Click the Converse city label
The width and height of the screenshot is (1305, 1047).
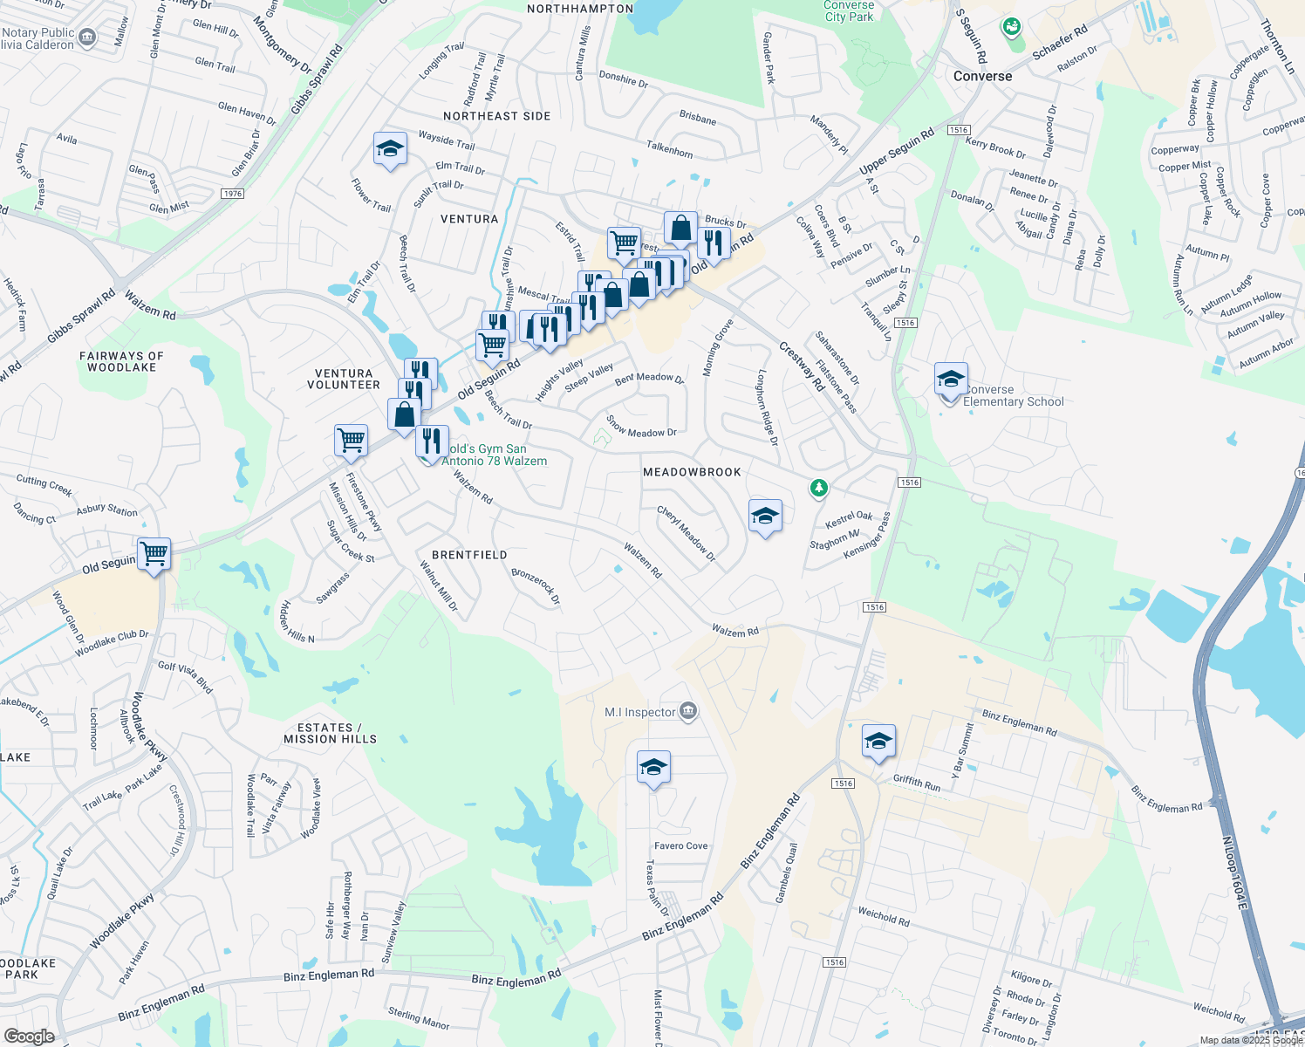982,76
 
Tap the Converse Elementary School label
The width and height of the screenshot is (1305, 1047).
1013,396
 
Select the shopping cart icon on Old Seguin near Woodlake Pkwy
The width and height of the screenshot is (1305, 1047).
154,553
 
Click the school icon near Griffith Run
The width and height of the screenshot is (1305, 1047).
878,742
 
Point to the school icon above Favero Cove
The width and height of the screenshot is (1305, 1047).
653,768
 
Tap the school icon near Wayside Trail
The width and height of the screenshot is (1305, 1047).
390,150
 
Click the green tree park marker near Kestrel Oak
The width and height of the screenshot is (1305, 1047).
818,488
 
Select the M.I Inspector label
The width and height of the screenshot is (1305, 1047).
640,712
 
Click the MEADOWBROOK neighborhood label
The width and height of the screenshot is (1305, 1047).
692,472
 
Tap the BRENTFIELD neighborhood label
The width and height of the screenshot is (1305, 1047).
469,555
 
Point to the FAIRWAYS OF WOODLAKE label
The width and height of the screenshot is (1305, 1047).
121,361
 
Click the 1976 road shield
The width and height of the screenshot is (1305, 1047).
232,194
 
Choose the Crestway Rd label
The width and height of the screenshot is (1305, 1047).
801,366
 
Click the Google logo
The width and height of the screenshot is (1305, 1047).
29,1036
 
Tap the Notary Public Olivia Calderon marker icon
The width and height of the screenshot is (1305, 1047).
87,37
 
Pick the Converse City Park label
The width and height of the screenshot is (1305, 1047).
849,10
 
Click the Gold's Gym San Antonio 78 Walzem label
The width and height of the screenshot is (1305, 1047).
494,455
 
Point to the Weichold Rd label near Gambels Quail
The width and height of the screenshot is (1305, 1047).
883,916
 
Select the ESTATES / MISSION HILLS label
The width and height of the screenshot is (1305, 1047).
330,733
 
